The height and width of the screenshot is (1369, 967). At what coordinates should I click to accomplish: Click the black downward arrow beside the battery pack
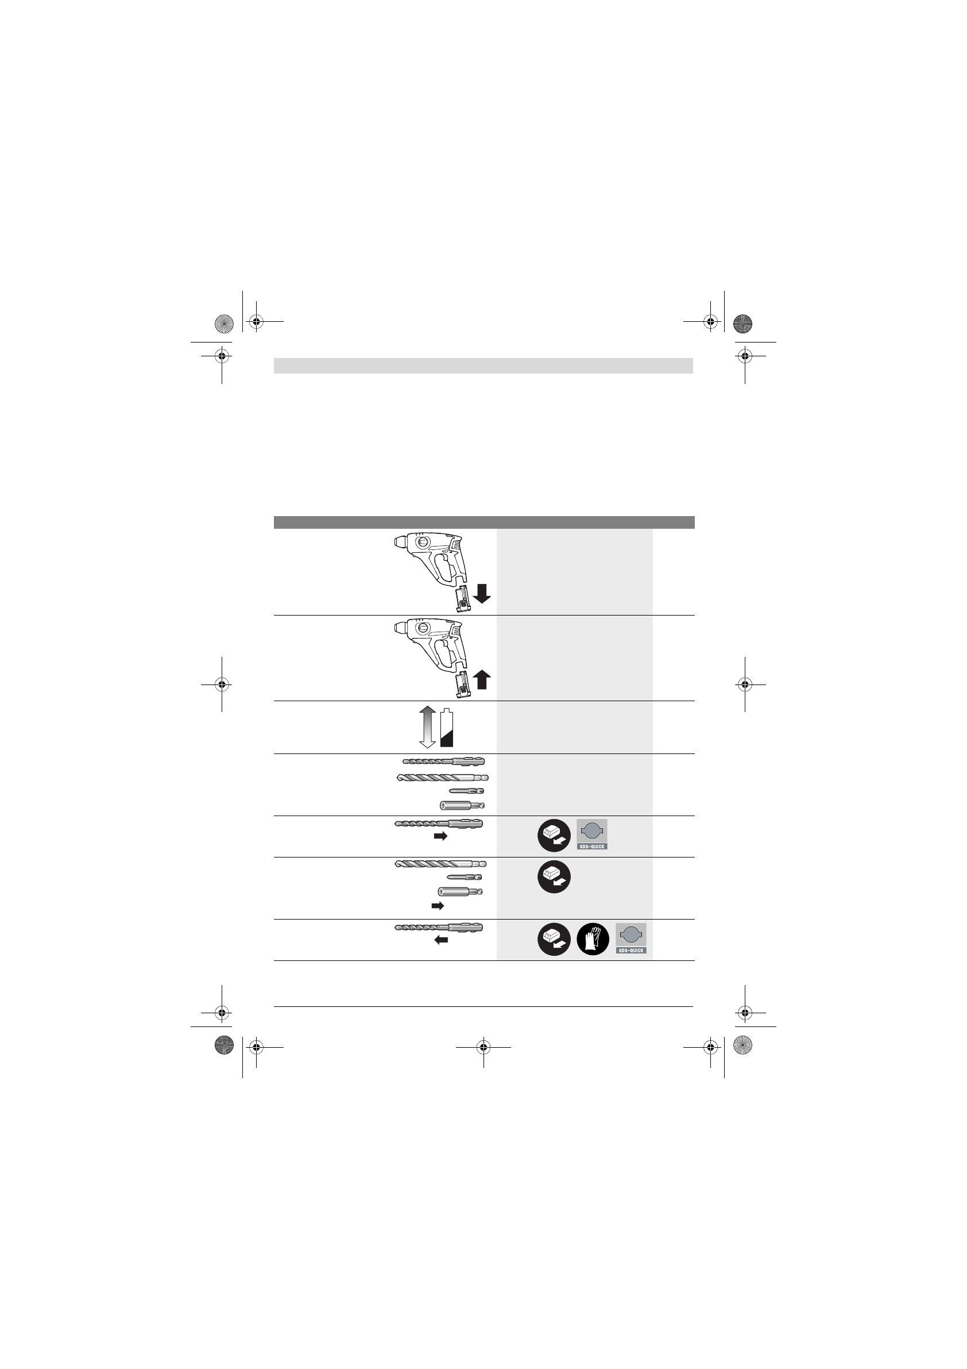pos(482,594)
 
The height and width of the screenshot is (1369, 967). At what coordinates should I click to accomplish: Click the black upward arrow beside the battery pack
pos(482,679)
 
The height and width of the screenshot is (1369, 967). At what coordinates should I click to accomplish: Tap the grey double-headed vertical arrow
pos(427,727)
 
